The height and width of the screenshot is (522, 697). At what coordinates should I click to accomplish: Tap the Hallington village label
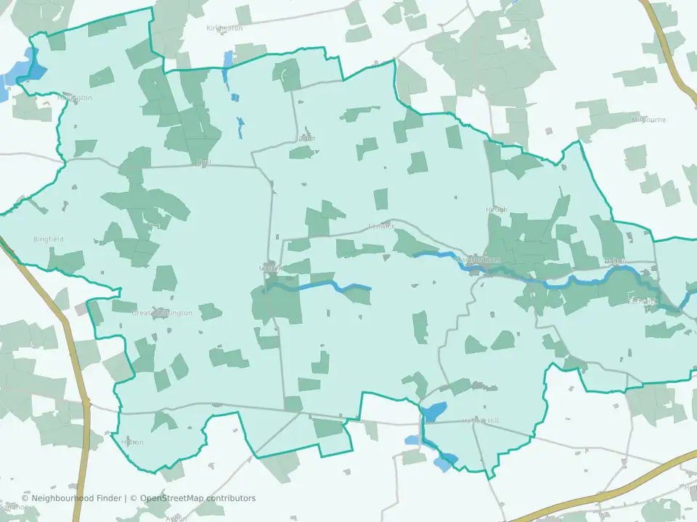pos(76,98)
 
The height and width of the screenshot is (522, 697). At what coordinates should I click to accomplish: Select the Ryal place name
pos(203,162)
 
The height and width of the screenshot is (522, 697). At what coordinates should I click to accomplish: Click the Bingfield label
pos(49,239)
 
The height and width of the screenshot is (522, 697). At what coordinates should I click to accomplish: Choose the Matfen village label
pos(269,268)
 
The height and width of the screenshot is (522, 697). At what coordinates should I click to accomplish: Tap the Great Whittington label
pos(162,313)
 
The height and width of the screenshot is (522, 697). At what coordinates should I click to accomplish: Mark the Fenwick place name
pos(381,226)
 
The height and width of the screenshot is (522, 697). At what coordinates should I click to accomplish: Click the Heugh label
pos(497,210)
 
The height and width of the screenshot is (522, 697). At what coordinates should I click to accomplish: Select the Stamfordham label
pos(476,260)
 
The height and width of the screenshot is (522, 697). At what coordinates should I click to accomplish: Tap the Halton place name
pos(133,442)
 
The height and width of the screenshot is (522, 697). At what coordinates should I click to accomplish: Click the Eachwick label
pos(643,299)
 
